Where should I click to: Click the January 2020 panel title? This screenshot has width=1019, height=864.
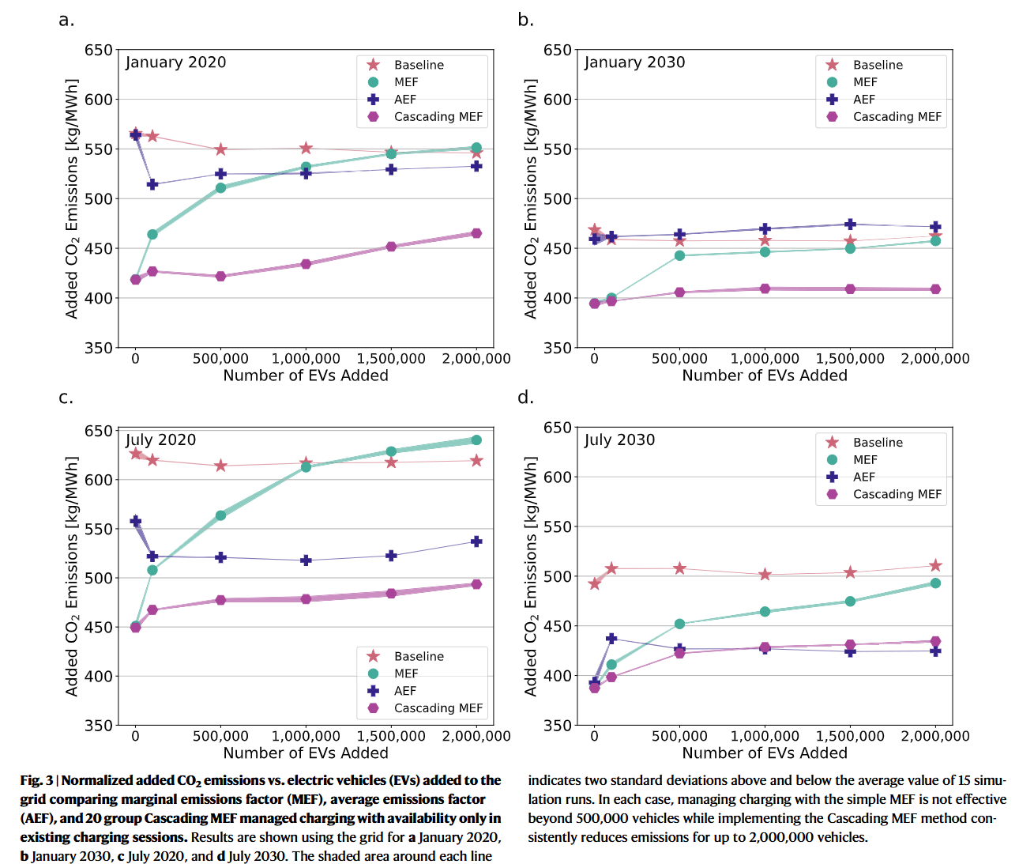(175, 62)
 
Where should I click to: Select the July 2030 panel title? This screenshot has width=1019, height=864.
(619, 440)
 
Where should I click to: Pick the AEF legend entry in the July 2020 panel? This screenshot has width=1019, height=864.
(404, 691)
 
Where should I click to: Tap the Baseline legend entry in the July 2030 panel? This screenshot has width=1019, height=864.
(877, 443)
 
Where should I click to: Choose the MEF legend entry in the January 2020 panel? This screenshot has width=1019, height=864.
(406, 82)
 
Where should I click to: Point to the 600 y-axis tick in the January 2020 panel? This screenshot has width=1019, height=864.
(99, 100)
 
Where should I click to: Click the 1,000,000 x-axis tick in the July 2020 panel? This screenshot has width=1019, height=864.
(306, 736)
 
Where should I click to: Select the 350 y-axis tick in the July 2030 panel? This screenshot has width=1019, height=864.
(558, 725)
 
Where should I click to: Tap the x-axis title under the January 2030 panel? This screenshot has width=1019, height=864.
(765, 375)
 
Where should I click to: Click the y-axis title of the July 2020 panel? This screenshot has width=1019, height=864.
(72, 576)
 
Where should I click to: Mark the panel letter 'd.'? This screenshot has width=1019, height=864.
(526, 397)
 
